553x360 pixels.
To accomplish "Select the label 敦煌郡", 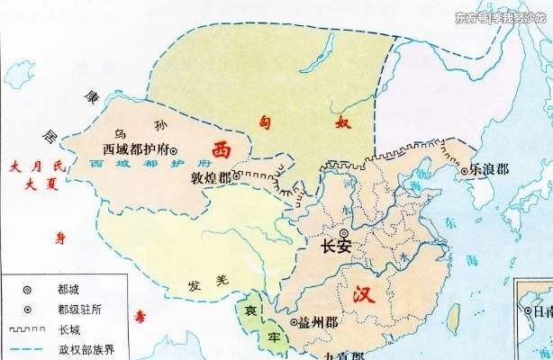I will pos(212,177).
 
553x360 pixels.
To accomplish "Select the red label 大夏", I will pos(36,184).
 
